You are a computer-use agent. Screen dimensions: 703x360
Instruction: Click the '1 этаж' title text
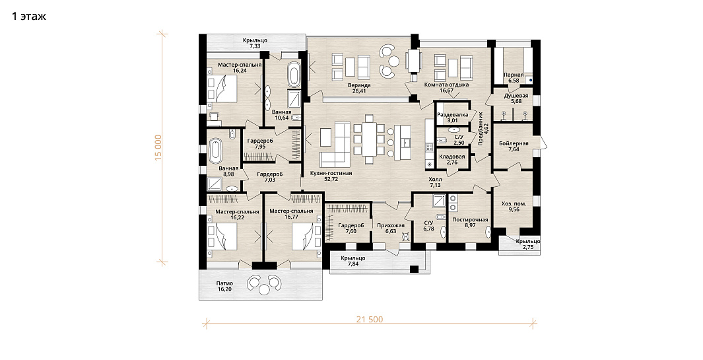(x=28, y=17)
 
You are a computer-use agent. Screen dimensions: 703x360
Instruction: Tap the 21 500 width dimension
(x=370, y=320)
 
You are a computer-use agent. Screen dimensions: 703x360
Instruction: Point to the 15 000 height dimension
(x=158, y=148)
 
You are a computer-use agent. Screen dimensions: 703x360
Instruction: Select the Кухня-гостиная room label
(x=331, y=173)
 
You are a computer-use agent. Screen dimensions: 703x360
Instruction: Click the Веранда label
(x=359, y=85)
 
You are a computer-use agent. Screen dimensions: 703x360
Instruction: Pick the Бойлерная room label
(x=514, y=143)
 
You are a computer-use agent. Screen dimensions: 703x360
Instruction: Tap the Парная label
(x=514, y=75)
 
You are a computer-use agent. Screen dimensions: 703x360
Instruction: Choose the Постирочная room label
(x=470, y=220)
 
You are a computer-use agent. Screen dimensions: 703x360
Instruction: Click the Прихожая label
(x=391, y=226)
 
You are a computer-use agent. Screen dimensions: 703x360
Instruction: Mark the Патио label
(x=224, y=283)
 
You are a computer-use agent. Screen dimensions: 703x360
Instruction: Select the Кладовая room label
(x=452, y=157)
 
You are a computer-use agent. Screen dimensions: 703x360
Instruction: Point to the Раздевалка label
(x=453, y=114)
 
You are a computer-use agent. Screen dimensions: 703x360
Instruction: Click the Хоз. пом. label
(x=514, y=203)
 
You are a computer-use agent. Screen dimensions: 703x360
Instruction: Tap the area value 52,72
(x=331, y=179)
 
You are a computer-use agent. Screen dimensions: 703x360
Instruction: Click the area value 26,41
(x=359, y=90)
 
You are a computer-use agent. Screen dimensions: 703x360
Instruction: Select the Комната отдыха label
(x=446, y=85)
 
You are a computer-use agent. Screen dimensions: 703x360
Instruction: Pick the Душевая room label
(x=516, y=96)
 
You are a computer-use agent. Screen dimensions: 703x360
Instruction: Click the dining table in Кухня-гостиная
(x=370, y=139)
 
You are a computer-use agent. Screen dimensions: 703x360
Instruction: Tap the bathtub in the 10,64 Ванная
(x=294, y=75)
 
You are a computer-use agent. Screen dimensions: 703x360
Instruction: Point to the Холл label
(x=436, y=179)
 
